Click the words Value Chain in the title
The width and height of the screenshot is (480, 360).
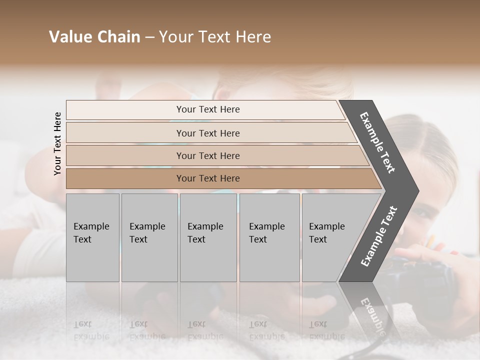click(x=94, y=37)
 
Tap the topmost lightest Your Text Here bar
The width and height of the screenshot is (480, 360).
click(x=208, y=109)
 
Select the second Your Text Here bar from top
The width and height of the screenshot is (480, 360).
click(x=208, y=133)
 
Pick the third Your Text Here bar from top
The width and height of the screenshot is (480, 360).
click(x=208, y=155)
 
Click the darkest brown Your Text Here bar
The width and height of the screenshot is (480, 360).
click(x=208, y=178)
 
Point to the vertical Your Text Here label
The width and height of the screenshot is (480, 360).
click(x=57, y=143)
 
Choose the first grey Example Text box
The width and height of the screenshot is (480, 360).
click(x=92, y=237)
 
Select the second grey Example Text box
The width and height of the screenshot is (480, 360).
click(x=149, y=237)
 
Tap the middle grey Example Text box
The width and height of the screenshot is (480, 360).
click(x=208, y=237)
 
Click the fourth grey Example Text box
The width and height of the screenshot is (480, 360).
click(x=269, y=237)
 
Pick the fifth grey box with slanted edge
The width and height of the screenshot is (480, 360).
click(x=330, y=237)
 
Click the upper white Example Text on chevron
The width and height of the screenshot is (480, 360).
click(x=377, y=142)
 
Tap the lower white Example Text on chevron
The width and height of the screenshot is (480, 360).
click(x=379, y=236)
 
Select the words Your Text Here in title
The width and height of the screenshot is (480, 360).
click(x=215, y=37)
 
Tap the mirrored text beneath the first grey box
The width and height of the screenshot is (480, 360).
click(x=91, y=330)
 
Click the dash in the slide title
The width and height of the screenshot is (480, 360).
click(x=149, y=37)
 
